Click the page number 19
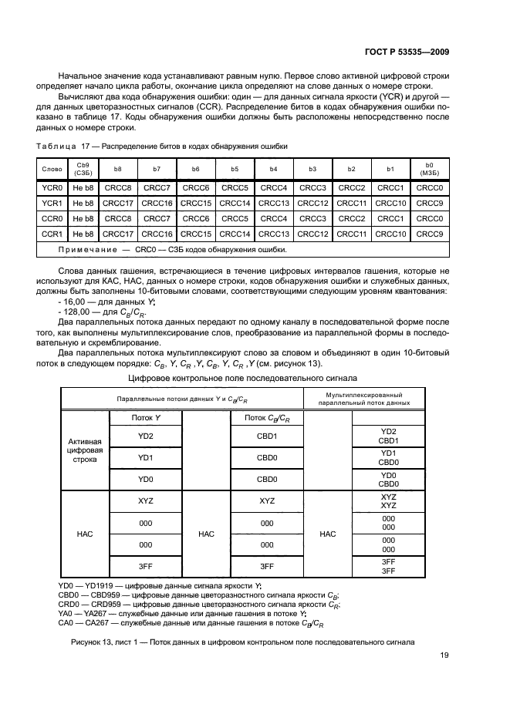click(x=444, y=655)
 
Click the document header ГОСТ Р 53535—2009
click(x=407, y=52)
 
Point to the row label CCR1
click(x=52, y=234)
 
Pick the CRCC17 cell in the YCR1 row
click(x=118, y=203)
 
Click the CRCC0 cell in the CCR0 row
click(x=429, y=218)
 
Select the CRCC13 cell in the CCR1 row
click(x=273, y=234)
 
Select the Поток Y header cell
click(x=146, y=417)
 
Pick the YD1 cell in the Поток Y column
click(x=146, y=457)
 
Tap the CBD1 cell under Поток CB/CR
click(x=267, y=436)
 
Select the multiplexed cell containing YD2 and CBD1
click(x=389, y=436)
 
